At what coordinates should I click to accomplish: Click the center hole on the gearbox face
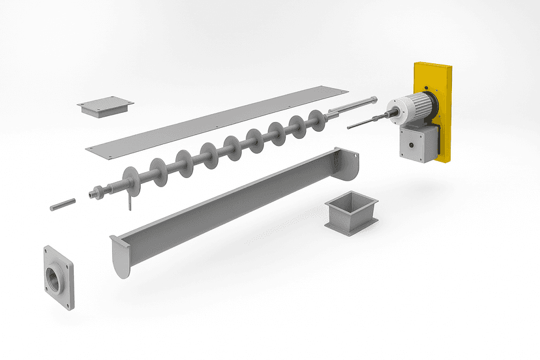point(411,142)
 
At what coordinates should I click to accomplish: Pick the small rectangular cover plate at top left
point(105,106)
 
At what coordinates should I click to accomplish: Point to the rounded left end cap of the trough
point(121,258)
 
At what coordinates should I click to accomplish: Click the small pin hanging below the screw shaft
point(130,205)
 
